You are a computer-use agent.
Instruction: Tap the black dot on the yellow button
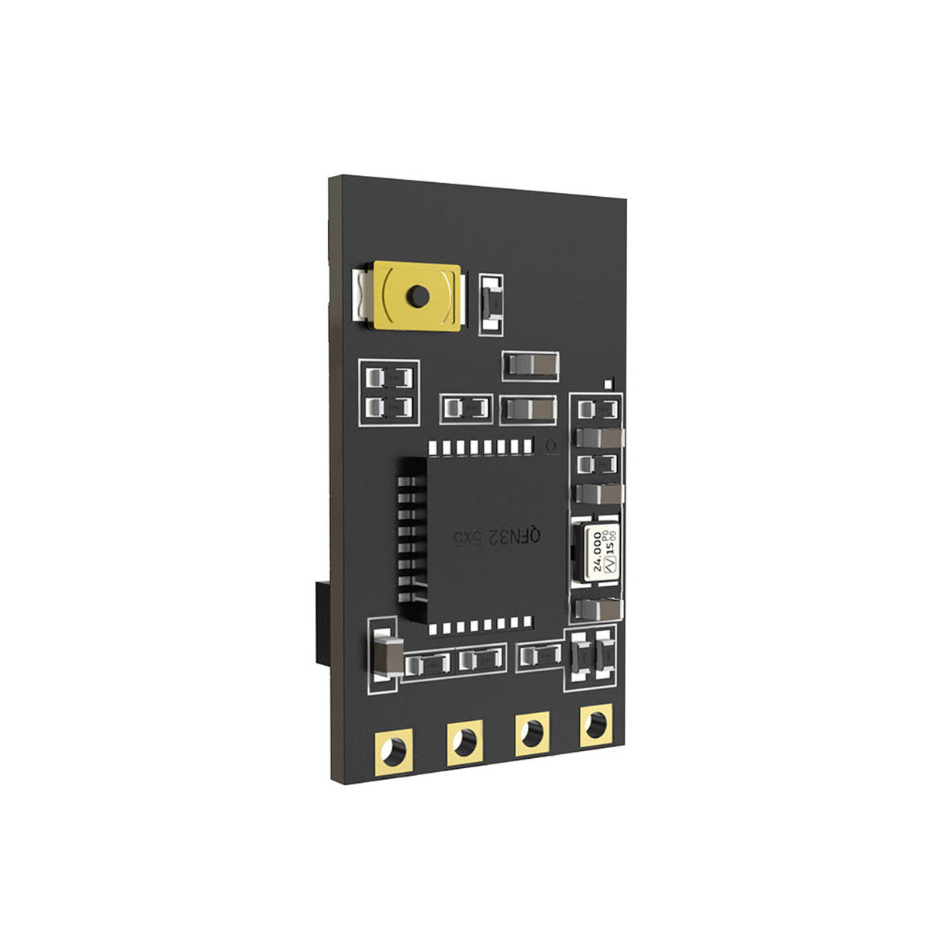point(418,295)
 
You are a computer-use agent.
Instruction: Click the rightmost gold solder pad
point(595,727)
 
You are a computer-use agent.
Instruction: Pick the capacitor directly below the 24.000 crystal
point(598,610)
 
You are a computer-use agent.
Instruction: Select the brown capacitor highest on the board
point(530,364)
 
